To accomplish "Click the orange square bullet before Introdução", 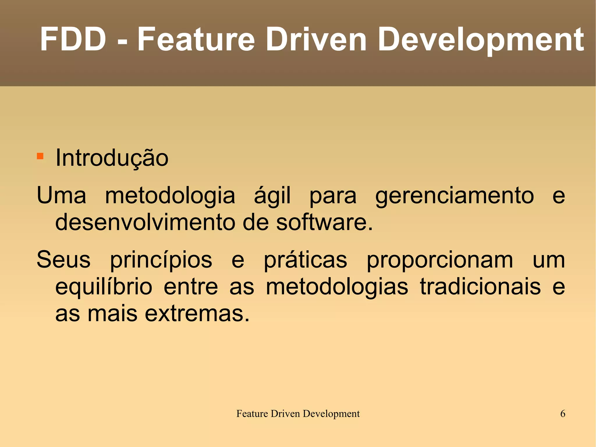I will click(40, 156).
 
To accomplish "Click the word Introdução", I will click(112, 158).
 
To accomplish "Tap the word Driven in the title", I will click(316, 39).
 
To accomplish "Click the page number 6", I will click(563, 414).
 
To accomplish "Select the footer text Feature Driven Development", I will click(298, 414).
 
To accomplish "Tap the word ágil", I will click(272, 196).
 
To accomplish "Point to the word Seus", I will click(63, 260).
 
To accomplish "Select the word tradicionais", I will click(480, 287).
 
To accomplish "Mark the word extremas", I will click(197, 314).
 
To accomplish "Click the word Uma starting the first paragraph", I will click(61, 196).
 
